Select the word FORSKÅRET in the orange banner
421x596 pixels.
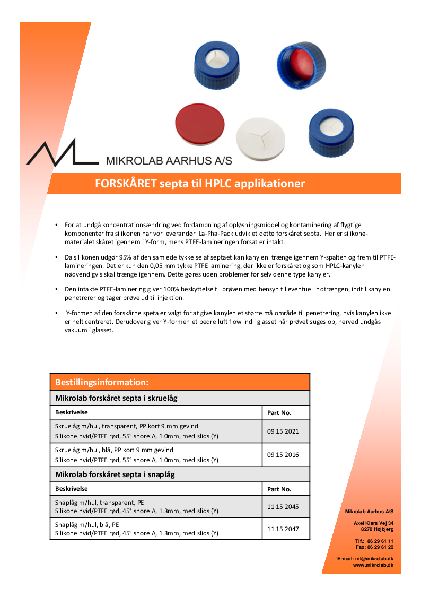pos(126,184)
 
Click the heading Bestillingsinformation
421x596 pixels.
pos(101,382)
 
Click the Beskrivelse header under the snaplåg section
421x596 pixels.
pos(72,489)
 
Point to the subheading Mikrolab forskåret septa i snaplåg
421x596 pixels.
pos(115,474)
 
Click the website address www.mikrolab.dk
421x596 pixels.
pos(373,565)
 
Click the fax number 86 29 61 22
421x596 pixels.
pos(381,547)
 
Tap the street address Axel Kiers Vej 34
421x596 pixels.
pos(374,523)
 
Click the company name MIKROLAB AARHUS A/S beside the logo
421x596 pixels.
pos(169,160)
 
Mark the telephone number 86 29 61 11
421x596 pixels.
pos(381,541)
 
